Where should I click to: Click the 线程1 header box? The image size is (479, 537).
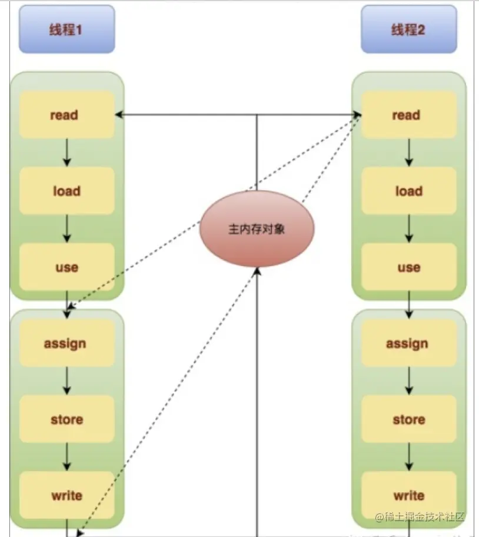(66, 29)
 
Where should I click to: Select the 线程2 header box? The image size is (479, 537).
(409, 29)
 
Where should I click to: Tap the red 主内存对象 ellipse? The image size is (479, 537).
(257, 229)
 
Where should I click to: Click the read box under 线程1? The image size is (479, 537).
(66, 115)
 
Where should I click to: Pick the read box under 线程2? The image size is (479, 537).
(409, 115)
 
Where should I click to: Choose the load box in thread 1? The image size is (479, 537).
(66, 191)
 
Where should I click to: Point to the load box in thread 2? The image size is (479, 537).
(409, 191)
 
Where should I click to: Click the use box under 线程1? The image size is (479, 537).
(66, 267)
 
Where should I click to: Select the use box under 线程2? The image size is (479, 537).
(409, 267)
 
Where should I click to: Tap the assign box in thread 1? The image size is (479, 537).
(66, 343)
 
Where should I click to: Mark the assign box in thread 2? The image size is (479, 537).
(409, 343)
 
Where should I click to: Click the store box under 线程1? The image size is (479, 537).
(66, 419)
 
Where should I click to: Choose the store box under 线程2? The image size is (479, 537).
(409, 419)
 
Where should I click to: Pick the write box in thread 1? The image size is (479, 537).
(66, 495)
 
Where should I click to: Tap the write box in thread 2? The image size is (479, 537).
(409, 495)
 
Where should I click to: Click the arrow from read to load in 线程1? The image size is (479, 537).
(67, 153)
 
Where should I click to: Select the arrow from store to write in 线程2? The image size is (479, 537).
(409, 457)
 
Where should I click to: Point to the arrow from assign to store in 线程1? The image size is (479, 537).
(67, 381)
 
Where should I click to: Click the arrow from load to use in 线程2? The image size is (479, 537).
(409, 229)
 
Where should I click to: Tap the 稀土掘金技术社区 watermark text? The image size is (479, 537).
(420, 517)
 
